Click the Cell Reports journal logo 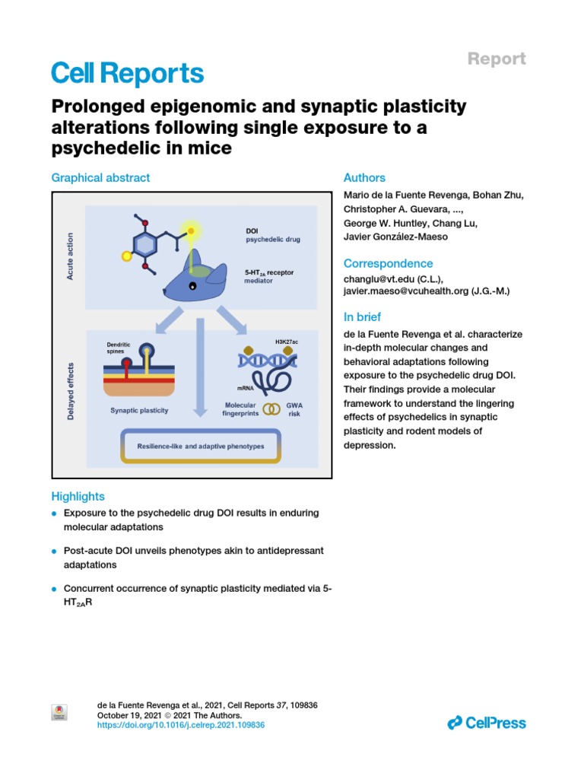(x=128, y=73)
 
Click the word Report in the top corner (x=496, y=59)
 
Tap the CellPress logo (x=487, y=723)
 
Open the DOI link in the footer (x=182, y=726)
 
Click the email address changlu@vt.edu (x=377, y=279)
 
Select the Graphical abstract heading (x=100, y=177)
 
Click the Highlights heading (x=78, y=496)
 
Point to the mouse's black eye (x=193, y=285)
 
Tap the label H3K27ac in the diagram (x=286, y=342)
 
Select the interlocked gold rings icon (x=271, y=409)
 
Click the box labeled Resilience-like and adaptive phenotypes (x=201, y=447)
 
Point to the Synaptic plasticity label (x=140, y=410)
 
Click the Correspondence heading (x=389, y=263)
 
